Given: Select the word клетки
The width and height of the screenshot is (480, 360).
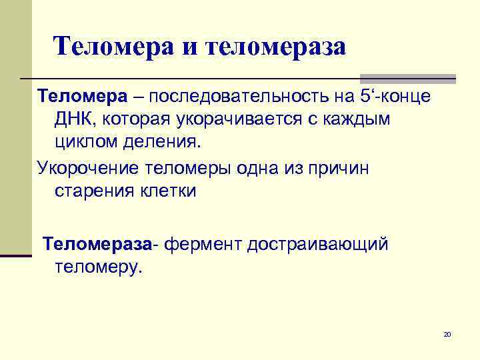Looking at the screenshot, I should pyautogui.click(x=166, y=191).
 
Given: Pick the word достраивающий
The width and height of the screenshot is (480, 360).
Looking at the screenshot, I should pyautogui.click(x=317, y=245).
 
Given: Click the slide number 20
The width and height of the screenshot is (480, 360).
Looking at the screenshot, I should pyautogui.click(x=447, y=333).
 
